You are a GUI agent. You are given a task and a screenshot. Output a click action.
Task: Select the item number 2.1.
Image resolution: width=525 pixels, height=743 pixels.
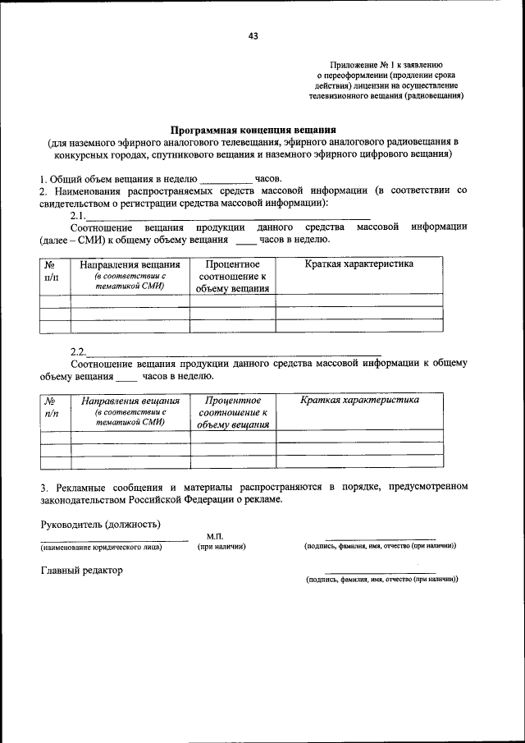coord(78,215)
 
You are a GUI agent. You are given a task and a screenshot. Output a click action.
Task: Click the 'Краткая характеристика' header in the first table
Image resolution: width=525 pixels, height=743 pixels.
coord(358,264)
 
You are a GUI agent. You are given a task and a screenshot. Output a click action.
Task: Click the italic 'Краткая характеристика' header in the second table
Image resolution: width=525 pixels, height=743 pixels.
coord(359,400)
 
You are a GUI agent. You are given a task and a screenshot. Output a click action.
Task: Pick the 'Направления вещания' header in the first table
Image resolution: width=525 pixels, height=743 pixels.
coord(130,265)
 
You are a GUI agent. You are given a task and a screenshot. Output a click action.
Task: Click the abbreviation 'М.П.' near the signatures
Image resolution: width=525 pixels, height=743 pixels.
coord(216,536)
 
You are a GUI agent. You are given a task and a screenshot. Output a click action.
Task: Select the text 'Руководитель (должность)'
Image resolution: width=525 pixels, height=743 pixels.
coord(100,524)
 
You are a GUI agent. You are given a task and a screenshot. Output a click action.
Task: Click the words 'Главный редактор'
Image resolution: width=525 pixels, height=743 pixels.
coord(81,571)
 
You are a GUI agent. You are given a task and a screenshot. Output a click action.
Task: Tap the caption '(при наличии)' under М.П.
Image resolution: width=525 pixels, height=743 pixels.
coord(222,547)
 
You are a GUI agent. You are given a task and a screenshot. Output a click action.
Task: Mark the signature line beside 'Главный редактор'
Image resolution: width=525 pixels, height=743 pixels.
coord(380,573)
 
